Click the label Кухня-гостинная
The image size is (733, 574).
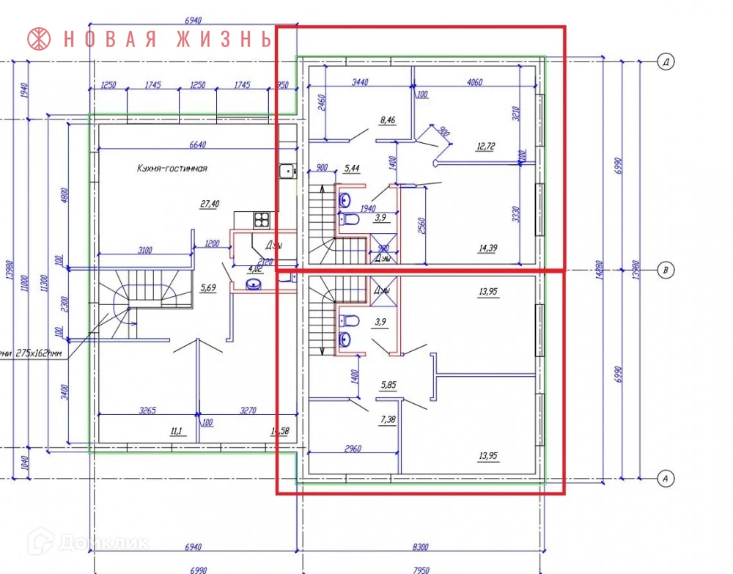click(172, 168)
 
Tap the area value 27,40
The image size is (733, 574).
click(209, 205)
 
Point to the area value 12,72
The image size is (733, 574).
click(485, 147)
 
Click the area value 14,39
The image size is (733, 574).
click(487, 249)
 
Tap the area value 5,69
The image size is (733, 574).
click(209, 287)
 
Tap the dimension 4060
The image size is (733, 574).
click(474, 82)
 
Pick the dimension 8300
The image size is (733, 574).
click(421, 548)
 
